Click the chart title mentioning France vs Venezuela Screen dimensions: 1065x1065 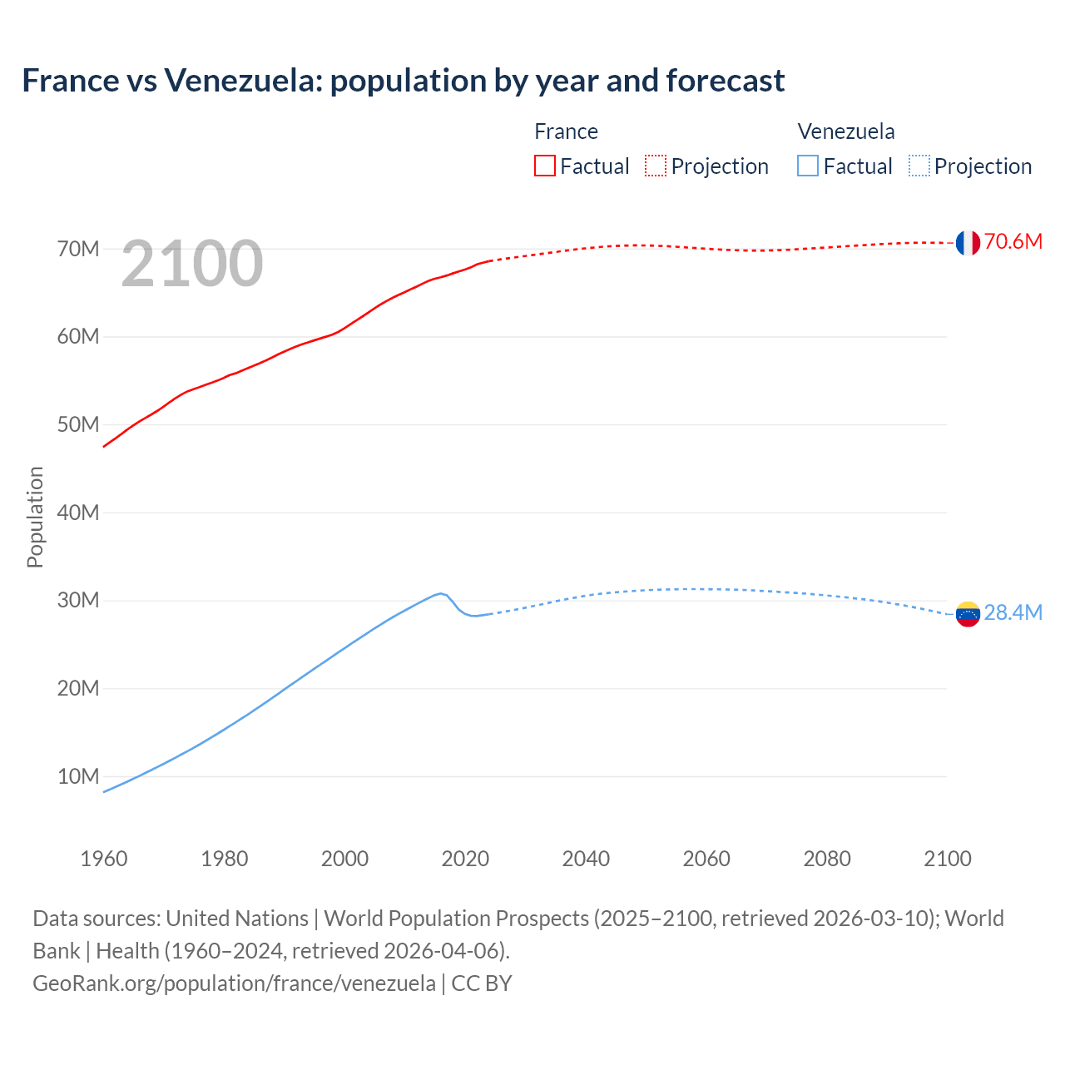point(403,81)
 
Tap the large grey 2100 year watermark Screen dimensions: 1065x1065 point(192,264)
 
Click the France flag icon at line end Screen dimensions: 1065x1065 point(968,242)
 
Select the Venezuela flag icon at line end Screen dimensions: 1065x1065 point(968,614)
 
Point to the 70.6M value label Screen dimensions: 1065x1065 point(1013,242)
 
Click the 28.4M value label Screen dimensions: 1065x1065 point(1013,613)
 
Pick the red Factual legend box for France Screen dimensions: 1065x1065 point(545,166)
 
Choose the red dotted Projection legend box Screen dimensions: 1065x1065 point(656,166)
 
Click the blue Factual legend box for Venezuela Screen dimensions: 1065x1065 point(808,166)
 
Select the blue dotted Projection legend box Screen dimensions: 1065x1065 point(919,166)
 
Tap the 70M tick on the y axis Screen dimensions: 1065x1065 point(78,249)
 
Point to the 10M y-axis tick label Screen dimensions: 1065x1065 point(78,776)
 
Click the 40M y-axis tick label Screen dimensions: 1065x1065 point(78,513)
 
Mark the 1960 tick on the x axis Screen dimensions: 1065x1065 point(104,859)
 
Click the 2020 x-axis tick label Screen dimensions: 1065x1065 point(465,859)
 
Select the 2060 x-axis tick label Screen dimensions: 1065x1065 point(706,859)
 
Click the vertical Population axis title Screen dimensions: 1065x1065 point(35,517)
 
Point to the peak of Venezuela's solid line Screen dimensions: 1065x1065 point(441,593)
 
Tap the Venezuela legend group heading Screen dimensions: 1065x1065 point(846,131)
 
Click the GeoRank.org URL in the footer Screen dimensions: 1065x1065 point(234,983)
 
